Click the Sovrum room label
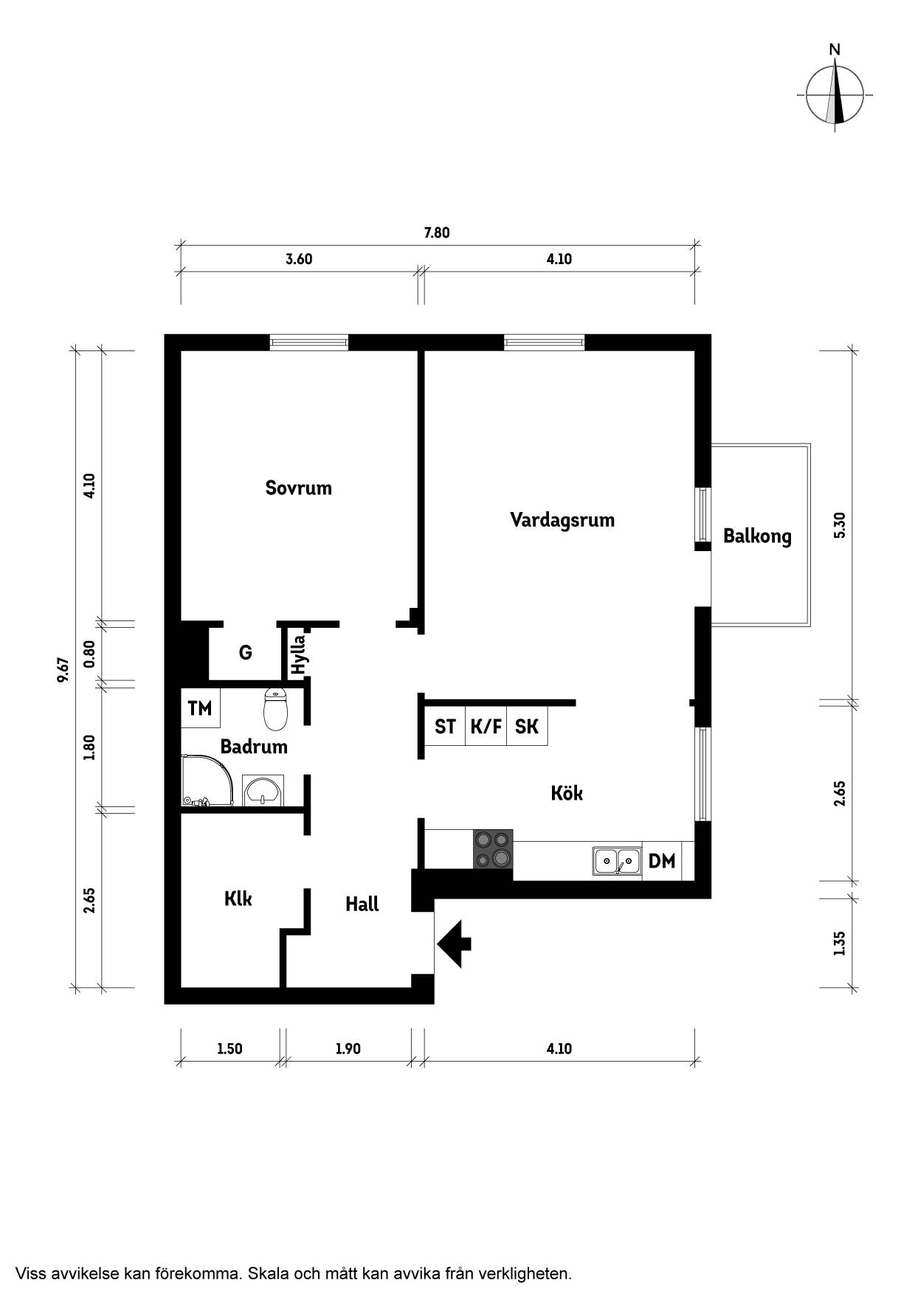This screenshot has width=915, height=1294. coord(298,488)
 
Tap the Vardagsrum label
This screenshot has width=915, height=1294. coord(562,520)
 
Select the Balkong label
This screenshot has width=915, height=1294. coord(757,536)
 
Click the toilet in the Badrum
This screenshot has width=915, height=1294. coord(274,708)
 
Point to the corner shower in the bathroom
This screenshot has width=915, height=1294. coord(211,780)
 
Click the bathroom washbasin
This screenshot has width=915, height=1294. coord(262,791)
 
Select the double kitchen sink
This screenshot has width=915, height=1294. coord(616,860)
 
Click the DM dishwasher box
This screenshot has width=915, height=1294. coord(662,860)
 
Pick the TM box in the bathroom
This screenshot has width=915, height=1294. coord(200,708)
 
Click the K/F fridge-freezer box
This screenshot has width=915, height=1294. coord(486,727)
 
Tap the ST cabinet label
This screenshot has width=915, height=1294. coord(445,727)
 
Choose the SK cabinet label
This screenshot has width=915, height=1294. coord(527,727)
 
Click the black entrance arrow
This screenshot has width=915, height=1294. coord(454,944)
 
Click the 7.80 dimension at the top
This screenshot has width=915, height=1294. coord(436,233)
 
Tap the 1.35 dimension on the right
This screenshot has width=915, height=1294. coord(839,944)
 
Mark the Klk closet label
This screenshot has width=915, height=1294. coord(238,899)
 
